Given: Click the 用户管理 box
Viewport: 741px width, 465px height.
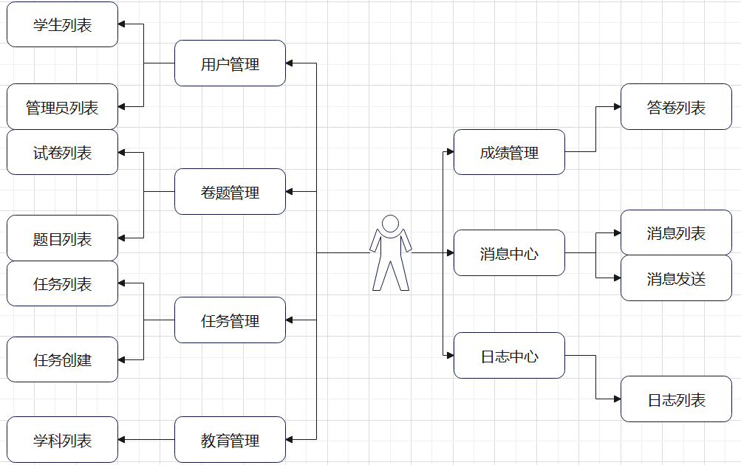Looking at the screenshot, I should click(x=230, y=63).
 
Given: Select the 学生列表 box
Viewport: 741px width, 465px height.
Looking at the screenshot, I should click(x=62, y=24).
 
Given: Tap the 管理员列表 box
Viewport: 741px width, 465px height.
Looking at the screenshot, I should click(x=62, y=107).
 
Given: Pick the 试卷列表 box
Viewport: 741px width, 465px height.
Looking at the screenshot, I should click(x=62, y=153).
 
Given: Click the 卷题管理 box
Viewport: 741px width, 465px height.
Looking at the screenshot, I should click(x=230, y=192).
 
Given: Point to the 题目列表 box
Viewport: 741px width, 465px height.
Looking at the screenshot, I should click(x=62, y=238).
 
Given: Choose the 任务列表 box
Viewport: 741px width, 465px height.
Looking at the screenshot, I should click(x=62, y=283).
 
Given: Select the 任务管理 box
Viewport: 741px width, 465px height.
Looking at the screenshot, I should click(x=230, y=320).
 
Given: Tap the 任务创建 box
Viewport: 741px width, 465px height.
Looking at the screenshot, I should click(x=62, y=359).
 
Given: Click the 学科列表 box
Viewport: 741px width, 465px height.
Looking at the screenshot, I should click(x=62, y=440).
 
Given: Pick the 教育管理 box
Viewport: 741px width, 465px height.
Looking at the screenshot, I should click(x=230, y=440).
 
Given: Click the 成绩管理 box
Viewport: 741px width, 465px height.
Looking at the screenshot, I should click(x=509, y=152).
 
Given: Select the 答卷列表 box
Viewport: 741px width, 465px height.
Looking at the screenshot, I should click(x=676, y=107).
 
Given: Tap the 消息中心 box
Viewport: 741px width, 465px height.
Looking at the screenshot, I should click(x=509, y=252).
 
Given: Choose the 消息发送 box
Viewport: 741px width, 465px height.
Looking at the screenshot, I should click(x=676, y=278).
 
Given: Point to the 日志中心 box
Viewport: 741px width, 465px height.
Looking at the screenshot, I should click(x=509, y=356).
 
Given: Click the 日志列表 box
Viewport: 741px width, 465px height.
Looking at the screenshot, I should click(x=676, y=399).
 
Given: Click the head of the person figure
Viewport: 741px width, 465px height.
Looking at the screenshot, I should click(x=390, y=223).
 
